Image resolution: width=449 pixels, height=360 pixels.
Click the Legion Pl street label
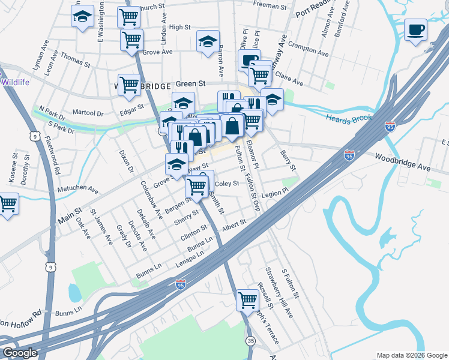pos(275,194)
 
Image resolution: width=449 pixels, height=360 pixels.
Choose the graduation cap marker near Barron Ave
pos(208,41)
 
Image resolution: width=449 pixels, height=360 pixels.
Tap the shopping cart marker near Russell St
pos(247,300)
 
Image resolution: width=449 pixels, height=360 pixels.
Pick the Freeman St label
pos(270,5)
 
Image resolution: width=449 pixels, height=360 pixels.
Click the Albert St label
pos(234,223)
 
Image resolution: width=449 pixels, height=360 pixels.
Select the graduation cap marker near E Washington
pos(82,17)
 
